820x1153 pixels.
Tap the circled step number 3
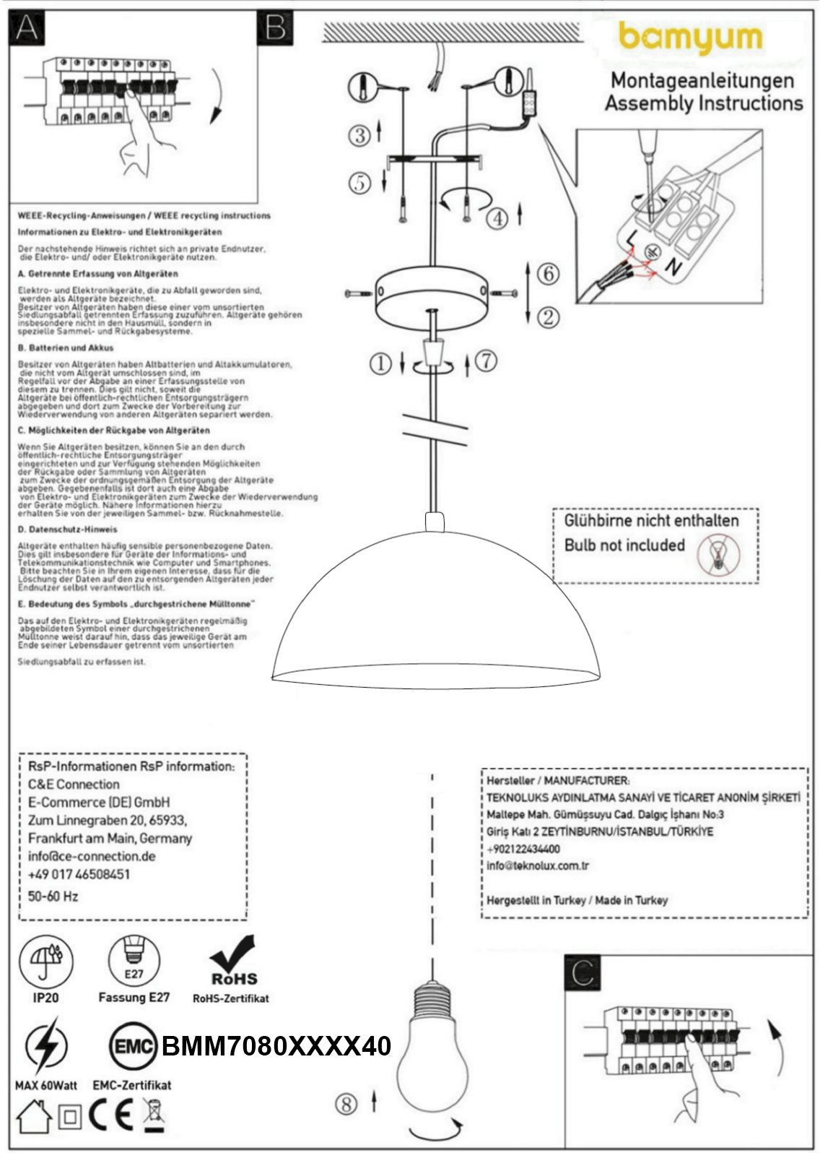(x=359, y=134)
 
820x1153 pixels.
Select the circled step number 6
(x=549, y=274)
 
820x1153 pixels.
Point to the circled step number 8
(x=346, y=1103)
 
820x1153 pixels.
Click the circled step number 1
(x=380, y=363)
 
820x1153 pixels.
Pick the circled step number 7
(x=487, y=360)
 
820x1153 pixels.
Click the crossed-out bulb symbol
(x=719, y=555)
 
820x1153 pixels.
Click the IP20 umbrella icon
(x=45, y=959)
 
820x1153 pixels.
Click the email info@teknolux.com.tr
(x=538, y=865)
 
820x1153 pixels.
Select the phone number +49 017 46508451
(x=79, y=874)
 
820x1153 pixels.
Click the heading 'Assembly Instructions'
(x=703, y=103)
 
